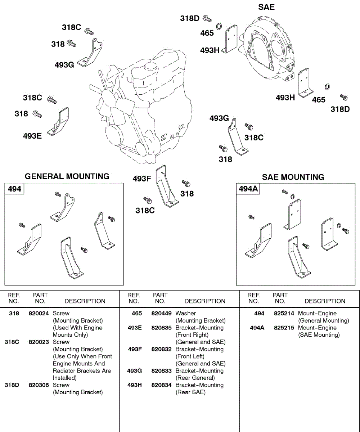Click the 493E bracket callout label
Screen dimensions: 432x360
(32, 136)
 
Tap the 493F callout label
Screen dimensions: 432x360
(141, 179)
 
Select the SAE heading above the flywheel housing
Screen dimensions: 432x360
(266, 7)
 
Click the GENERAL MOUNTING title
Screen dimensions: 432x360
(67, 176)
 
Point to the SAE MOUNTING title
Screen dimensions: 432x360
(293, 177)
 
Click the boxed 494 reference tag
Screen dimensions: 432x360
(14, 189)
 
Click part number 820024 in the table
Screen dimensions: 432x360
(39, 314)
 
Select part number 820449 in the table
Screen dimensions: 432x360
(161, 314)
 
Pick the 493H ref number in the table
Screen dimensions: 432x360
(135, 385)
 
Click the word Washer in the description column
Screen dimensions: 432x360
(186, 314)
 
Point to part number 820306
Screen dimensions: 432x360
(39, 385)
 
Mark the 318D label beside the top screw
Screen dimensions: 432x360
(190, 18)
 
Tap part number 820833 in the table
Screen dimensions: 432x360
(161, 371)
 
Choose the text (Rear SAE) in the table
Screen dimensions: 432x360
(190, 392)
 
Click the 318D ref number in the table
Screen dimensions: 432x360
(12, 385)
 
